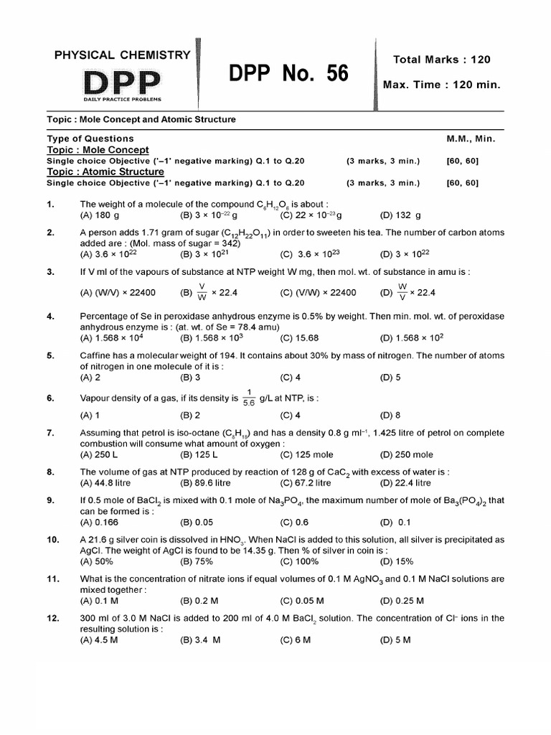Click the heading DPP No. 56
288,73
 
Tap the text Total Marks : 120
442,60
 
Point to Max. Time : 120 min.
441,85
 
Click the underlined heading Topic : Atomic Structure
105,172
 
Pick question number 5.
51,355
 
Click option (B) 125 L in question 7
199,454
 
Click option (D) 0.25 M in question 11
402,601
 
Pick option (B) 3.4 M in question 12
200,640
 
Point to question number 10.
52,539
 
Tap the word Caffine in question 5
95,355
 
